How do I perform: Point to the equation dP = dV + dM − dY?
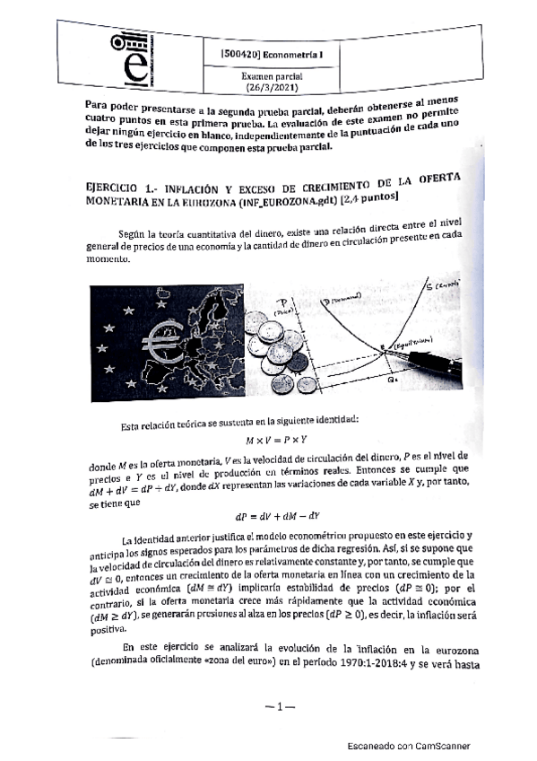click(276, 516)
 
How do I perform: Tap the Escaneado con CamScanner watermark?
click(409, 746)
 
